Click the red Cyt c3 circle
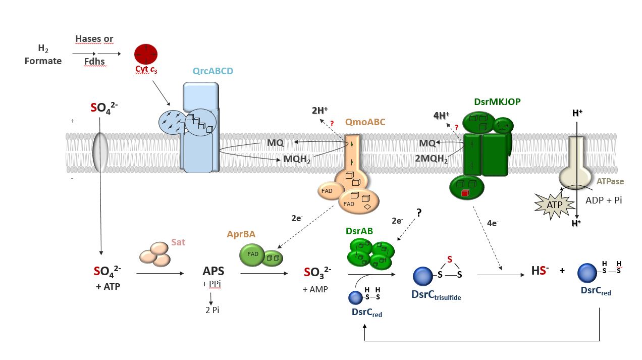(x=146, y=54)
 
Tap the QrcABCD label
(x=213, y=71)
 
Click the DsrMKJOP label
(x=497, y=101)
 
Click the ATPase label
(x=610, y=181)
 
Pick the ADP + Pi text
(x=604, y=200)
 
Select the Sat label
(x=178, y=242)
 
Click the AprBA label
(x=241, y=234)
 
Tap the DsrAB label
(x=359, y=231)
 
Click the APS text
(x=213, y=272)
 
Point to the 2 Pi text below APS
(x=212, y=310)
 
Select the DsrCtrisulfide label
(x=436, y=294)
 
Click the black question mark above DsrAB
(x=418, y=213)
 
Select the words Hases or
(x=94, y=39)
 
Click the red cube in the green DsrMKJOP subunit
(x=465, y=192)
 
